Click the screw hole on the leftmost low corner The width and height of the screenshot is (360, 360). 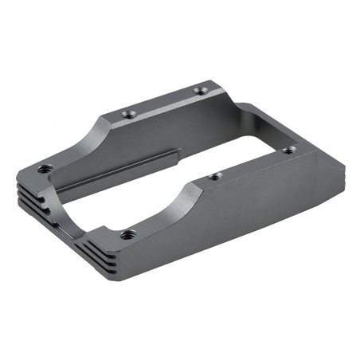(45, 168)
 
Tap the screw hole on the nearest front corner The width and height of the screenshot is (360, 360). (128, 234)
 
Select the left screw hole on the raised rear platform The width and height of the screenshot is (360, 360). (129, 114)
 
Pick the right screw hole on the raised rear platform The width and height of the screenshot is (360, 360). (201, 91)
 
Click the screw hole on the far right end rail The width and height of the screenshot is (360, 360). (290, 149)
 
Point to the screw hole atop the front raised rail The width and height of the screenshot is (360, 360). (214, 176)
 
